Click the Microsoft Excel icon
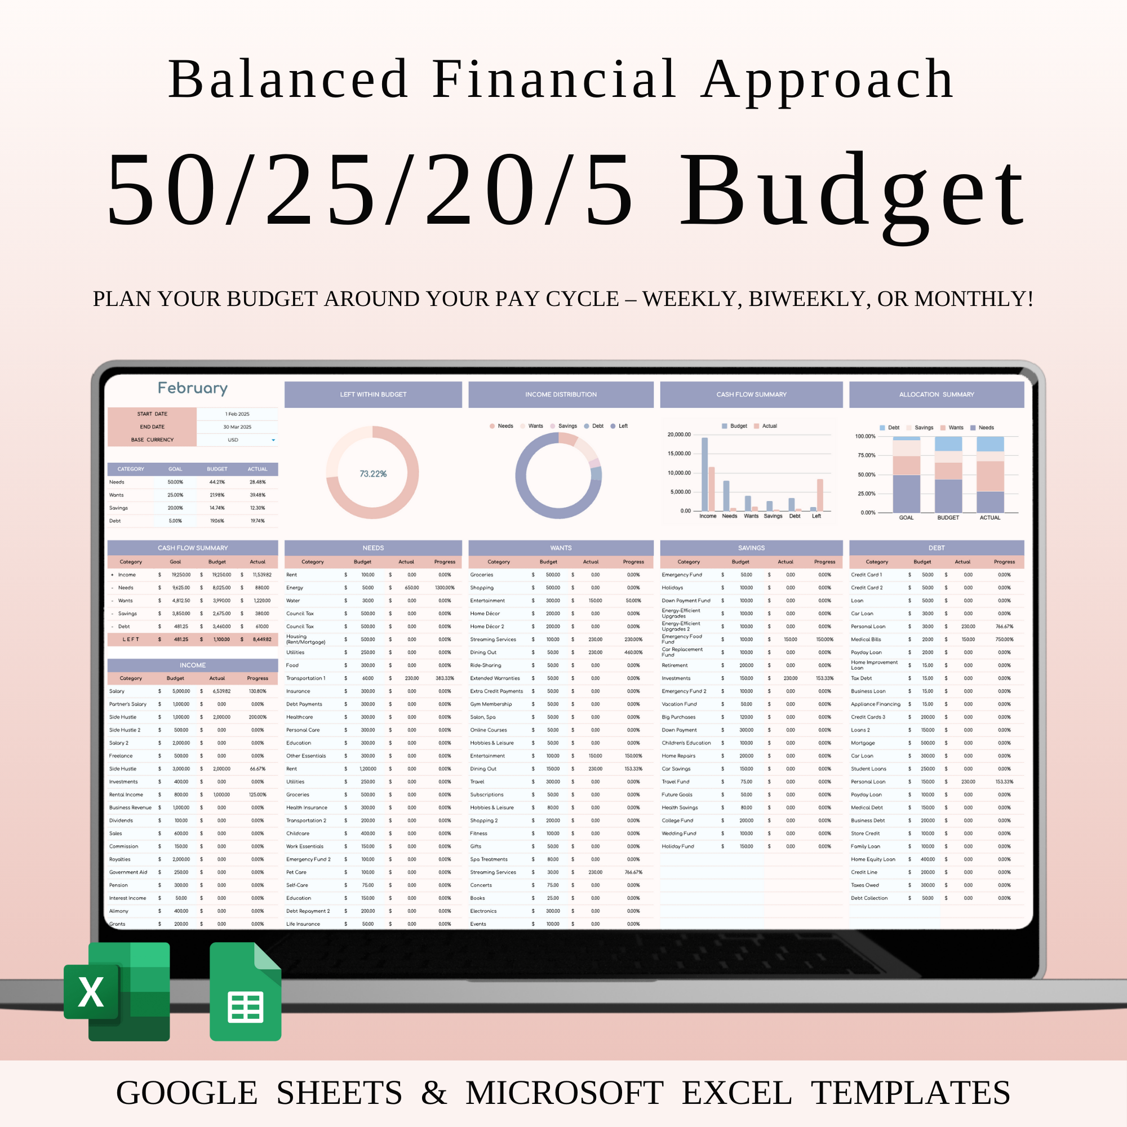tap(117, 991)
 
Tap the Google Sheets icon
tap(246, 991)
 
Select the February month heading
tap(193, 388)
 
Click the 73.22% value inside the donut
tap(372, 474)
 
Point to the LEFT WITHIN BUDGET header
tap(372, 394)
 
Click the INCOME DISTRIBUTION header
tap(561, 394)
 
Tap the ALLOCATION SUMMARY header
tap(936, 394)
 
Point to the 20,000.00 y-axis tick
tap(679, 434)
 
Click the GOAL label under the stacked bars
tap(906, 517)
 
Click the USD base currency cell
tap(233, 440)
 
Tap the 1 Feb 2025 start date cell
tap(237, 414)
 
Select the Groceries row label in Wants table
tap(481, 575)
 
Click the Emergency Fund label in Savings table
tap(682, 575)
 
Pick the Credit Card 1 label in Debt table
tap(866, 575)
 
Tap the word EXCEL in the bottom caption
tap(736, 1093)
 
